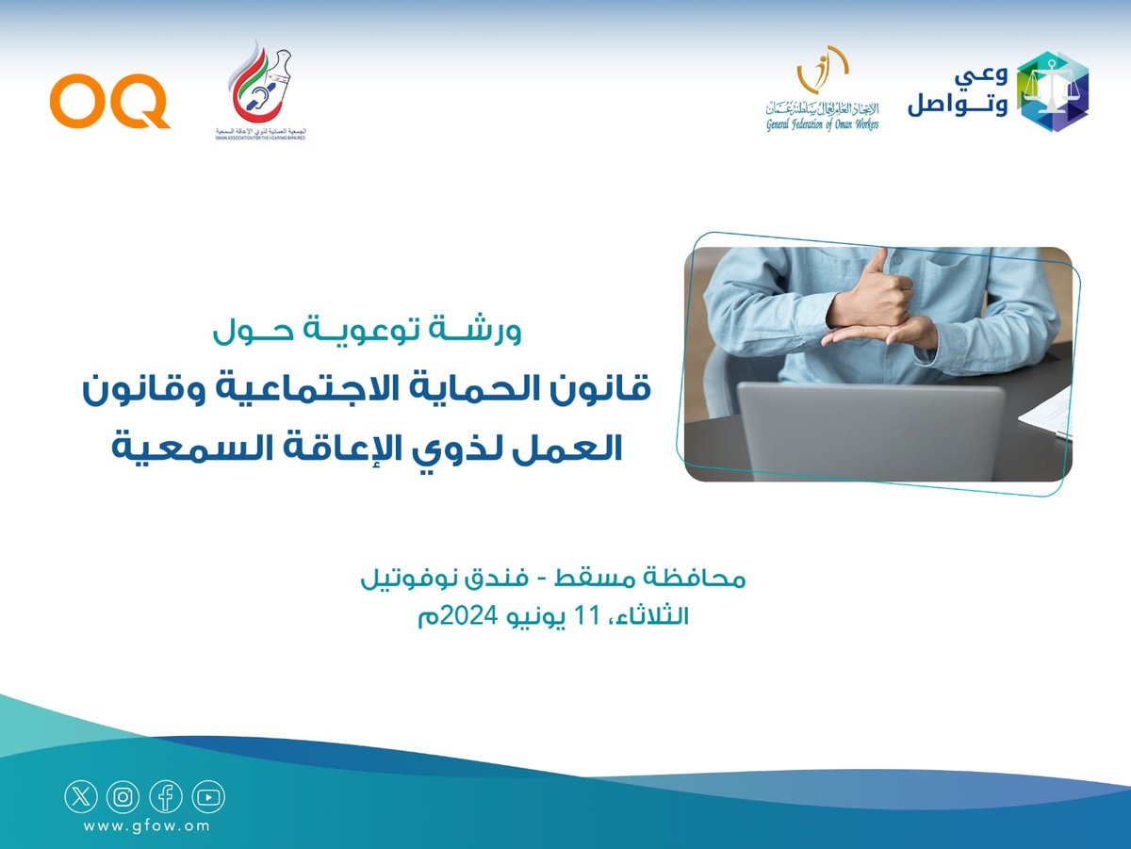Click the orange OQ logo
(x=109, y=103)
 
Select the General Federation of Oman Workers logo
(x=822, y=90)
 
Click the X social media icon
(x=80, y=797)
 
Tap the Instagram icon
(x=123, y=797)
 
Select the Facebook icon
(x=166, y=797)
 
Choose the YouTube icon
(x=208, y=797)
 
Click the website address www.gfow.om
(x=146, y=826)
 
